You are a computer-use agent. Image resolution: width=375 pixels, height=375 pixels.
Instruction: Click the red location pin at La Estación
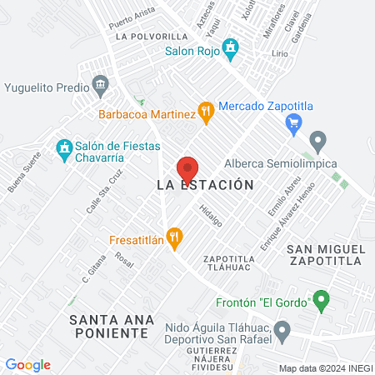187,167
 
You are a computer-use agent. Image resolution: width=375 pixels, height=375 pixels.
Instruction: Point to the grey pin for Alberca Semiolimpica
317,140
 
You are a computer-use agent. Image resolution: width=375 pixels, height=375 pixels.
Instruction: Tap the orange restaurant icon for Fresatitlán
173,237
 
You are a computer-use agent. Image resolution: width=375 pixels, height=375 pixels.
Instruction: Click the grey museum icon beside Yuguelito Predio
101,85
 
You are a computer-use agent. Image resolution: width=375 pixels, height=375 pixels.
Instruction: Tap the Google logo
27,364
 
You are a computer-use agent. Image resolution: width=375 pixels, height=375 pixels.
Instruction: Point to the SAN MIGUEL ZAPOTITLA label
324,255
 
